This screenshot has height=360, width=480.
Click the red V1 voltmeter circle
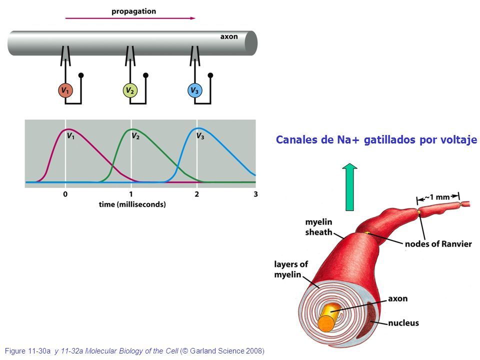(x=65, y=90)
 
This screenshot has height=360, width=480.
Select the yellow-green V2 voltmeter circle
(x=130, y=90)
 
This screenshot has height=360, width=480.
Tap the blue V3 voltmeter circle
(x=194, y=90)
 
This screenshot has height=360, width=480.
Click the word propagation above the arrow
(x=134, y=11)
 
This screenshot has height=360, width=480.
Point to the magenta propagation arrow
(x=130, y=18)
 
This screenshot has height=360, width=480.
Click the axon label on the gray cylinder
(x=229, y=36)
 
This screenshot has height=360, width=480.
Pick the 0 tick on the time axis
(x=65, y=194)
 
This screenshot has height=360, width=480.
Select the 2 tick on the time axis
(x=197, y=194)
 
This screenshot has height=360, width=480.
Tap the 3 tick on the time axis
(x=255, y=194)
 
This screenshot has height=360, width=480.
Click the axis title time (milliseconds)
(x=132, y=204)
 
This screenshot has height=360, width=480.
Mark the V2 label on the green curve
(x=135, y=136)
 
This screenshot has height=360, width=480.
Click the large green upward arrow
(x=349, y=187)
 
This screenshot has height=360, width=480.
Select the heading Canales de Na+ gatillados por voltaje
(x=376, y=139)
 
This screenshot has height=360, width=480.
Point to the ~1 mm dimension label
(x=438, y=197)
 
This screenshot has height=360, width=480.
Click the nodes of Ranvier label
(x=438, y=244)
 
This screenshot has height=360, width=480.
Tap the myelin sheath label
(x=318, y=227)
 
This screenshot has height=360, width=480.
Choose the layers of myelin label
(x=291, y=269)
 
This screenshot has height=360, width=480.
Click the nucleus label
(x=403, y=323)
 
